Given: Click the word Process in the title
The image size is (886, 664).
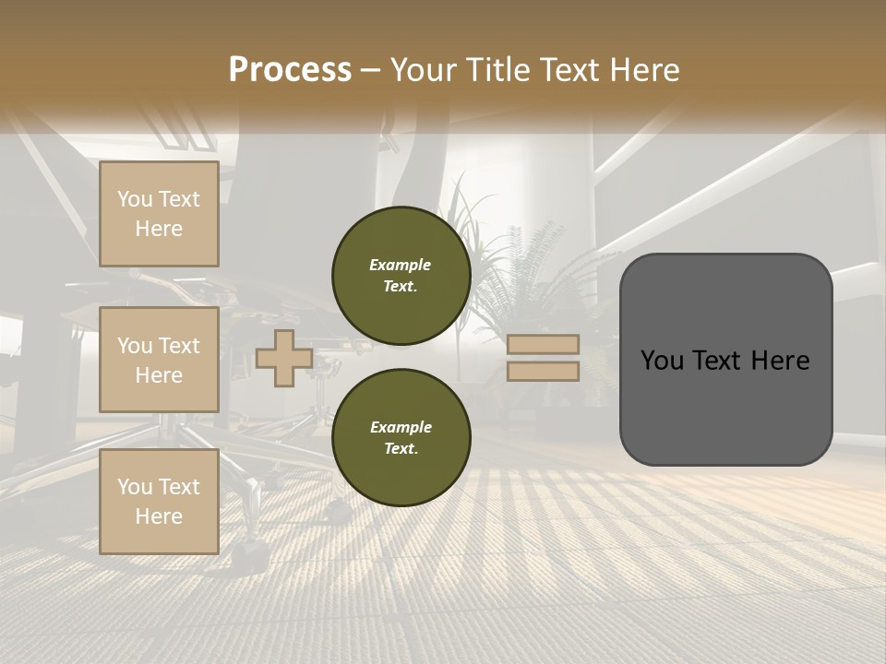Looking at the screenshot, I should pyautogui.click(x=290, y=70).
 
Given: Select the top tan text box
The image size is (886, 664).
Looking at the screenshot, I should pyautogui.click(x=159, y=214).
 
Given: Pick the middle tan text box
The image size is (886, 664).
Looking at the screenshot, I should pyautogui.click(x=159, y=360).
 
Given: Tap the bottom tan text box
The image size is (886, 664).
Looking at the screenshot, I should pyautogui.click(x=159, y=501).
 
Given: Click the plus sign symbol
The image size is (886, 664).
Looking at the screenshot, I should pyautogui.click(x=283, y=358).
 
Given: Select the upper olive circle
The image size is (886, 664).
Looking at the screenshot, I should pyautogui.click(x=401, y=275).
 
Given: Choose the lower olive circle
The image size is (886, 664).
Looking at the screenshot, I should pyautogui.click(x=401, y=437).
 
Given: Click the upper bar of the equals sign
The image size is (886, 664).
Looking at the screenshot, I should pyautogui.click(x=543, y=344).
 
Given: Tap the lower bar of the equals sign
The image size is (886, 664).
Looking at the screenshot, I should pyautogui.click(x=543, y=371).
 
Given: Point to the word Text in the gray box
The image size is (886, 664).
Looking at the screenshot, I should pyautogui.click(x=724, y=360).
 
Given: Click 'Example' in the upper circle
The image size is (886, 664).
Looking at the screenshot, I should pyautogui.click(x=401, y=265).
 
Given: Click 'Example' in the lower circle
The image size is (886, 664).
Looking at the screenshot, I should pyautogui.click(x=401, y=427).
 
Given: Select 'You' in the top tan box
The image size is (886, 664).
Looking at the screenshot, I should pyautogui.click(x=134, y=199).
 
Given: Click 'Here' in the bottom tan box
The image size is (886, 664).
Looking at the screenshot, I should pyautogui.click(x=159, y=516).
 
